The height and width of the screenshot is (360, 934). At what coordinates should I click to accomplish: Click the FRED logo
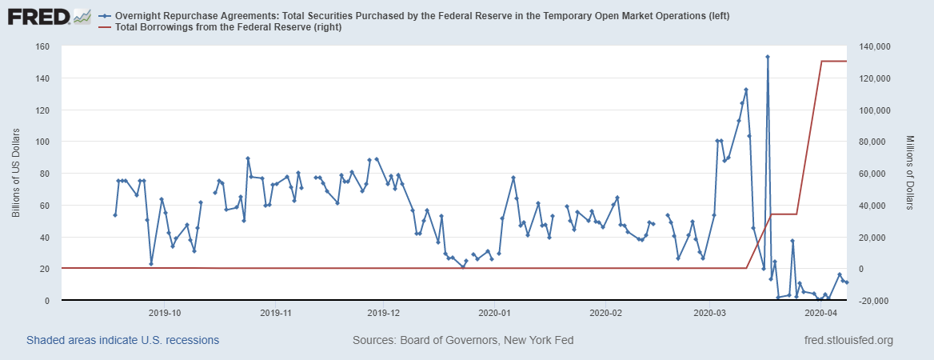click(x=48, y=16)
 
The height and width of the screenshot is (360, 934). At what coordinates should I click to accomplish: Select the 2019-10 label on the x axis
click(x=164, y=313)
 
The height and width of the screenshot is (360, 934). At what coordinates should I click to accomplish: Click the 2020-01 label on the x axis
click(x=495, y=313)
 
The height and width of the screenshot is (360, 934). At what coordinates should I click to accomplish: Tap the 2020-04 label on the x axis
click(x=820, y=313)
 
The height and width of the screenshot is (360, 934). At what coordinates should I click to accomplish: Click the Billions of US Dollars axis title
click(x=16, y=174)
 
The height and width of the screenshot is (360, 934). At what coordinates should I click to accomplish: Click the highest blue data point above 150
click(x=768, y=57)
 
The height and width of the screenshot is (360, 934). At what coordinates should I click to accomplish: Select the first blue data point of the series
click(x=115, y=215)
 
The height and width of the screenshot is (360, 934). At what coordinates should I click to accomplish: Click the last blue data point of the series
click(x=847, y=282)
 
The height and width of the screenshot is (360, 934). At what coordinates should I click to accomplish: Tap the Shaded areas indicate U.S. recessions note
click(x=122, y=341)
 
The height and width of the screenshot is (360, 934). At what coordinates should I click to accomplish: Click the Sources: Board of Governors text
click(x=462, y=341)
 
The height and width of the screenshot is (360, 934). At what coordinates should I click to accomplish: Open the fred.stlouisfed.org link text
click(x=848, y=341)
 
